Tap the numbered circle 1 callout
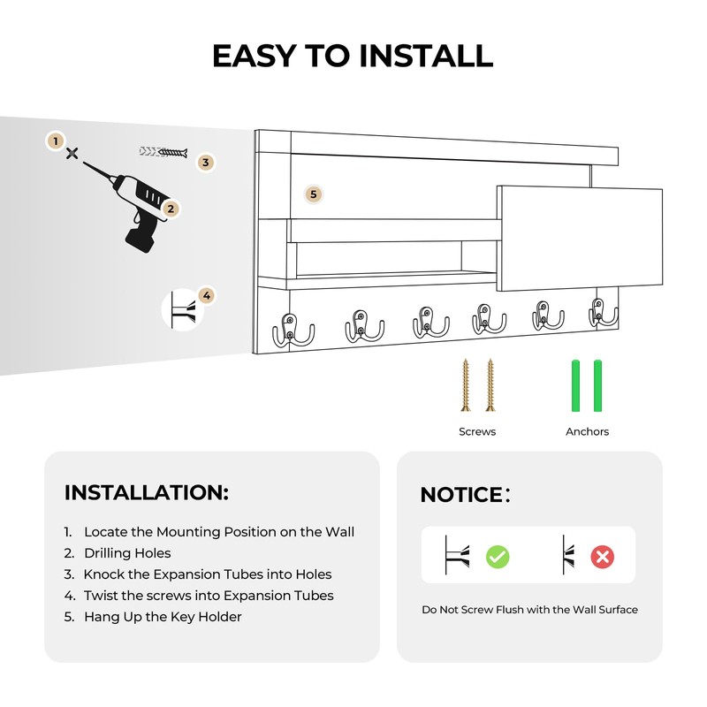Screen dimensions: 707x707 pos(55,141)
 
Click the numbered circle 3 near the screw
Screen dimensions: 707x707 pos(205,162)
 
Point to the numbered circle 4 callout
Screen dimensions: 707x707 pos(206,295)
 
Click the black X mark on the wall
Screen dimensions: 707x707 pos(72,153)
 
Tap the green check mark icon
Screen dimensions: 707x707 pos(498,556)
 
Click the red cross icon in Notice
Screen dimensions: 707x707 pos(603,556)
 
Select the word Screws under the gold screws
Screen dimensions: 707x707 pos(477,431)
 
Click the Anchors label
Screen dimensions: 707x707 pos(587,431)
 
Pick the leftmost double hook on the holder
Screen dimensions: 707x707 pos(293,329)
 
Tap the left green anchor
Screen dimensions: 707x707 pos(575,384)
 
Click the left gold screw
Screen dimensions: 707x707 pos(466,384)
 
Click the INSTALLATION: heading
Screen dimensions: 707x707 pos(147,492)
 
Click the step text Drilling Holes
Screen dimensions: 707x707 pos(127,553)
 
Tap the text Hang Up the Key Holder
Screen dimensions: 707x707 pos(163,617)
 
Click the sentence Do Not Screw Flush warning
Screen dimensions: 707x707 pos(529,610)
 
